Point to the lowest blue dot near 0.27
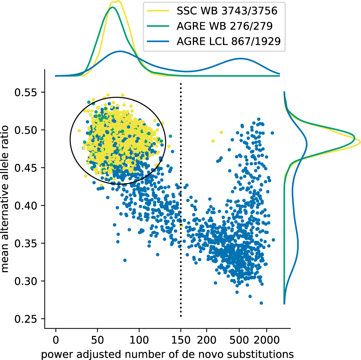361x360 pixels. pyautogui.click(x=261, y=303)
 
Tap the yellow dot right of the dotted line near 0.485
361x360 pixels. pyautogui.click(x=213, y=141)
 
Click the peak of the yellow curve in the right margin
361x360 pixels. pyautogui.click(x=360, y=141)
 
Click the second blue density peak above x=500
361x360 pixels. pyautogui.click(x=240, y=58)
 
